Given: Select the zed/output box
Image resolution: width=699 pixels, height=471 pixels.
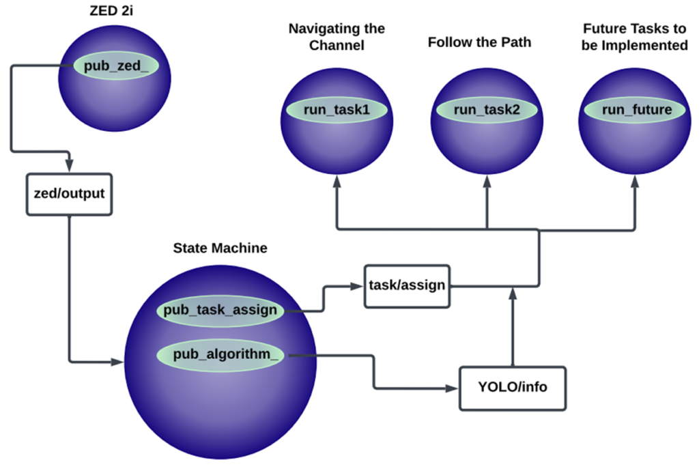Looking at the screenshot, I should (x=70, y=193).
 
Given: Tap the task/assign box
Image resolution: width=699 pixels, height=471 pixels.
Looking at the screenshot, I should (x=407, y=285).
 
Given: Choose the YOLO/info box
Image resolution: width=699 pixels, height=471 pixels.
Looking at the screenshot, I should (x=511, y=388).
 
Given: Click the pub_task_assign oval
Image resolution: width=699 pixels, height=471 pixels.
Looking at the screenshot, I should (x=220, y=310).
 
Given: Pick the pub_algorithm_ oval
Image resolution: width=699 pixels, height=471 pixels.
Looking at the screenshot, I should (x=220, y=354).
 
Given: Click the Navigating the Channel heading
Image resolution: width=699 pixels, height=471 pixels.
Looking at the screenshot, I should (x=337, y=37).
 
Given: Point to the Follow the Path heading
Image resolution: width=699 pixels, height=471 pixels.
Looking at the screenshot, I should (x=479, y=42).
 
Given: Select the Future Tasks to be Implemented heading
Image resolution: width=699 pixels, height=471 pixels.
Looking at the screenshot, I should (x=635, y=37).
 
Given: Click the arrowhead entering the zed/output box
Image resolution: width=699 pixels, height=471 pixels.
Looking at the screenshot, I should (x=70, y=167).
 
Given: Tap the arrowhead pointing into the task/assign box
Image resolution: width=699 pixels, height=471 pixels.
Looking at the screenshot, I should (x=357, y=285).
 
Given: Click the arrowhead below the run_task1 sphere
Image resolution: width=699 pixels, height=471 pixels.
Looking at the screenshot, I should (x=337, y=182).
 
